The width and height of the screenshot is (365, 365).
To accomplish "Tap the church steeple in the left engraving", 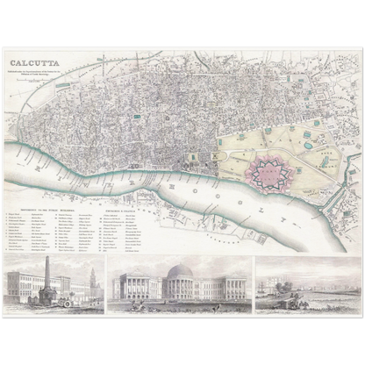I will coord(89,281).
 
